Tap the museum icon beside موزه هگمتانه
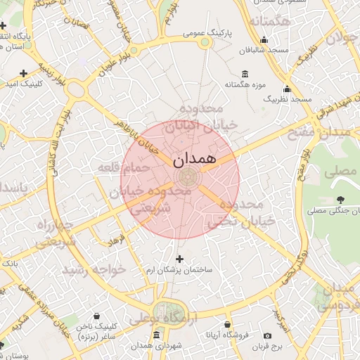(x=244, y=75)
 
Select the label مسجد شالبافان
(x=263, y=51)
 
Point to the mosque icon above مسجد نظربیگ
(x=287, y=89)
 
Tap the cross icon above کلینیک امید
(x=23, y=72)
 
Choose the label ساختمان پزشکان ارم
(x=179, y=270)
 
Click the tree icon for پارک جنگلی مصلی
(x=340, y=200)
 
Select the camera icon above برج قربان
(x=267, y=335)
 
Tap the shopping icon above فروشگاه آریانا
(x=227, y=325)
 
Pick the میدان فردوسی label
(x=337, y=296)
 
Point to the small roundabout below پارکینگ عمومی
(x=205, y=44)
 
